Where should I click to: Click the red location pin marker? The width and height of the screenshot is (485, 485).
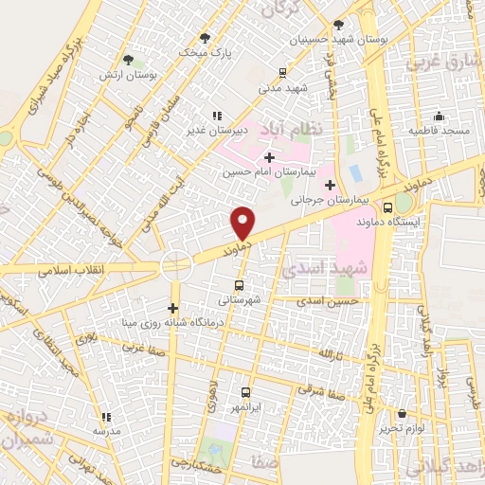(x=242, y=222)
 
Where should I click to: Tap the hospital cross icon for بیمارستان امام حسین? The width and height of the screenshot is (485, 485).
(x=270, y=156)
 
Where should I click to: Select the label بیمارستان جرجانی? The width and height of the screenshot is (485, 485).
(x=286, y=200)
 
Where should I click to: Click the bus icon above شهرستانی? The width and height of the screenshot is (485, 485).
(x=239, y=283)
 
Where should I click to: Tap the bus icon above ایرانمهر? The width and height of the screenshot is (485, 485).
(x=246, y=392)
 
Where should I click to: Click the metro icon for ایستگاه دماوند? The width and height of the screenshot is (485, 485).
(x=387, y=208)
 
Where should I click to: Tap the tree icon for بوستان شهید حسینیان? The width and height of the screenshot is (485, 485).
(x=339, y=25)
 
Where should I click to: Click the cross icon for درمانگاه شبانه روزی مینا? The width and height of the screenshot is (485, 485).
(x=172, y=308)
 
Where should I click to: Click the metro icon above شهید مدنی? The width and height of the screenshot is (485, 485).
(x=281, y=72)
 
